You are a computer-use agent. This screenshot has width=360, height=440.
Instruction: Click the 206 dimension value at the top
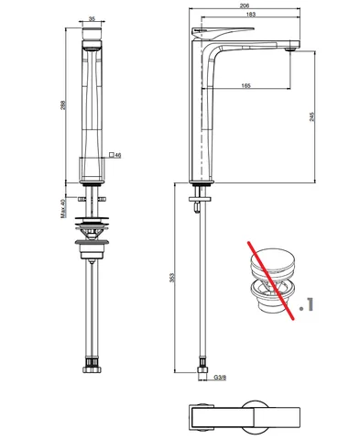click(x=245, y=5)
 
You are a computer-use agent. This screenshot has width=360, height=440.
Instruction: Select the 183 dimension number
click(x=250, y=14)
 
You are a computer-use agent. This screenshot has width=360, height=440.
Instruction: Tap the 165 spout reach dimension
click(x=245, y=86)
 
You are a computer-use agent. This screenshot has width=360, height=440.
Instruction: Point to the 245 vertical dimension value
click(x=311, y=116)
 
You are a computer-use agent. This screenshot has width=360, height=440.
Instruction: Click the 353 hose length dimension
click(x=172, y=278)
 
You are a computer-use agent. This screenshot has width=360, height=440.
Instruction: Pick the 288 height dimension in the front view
click(x=63, y=105)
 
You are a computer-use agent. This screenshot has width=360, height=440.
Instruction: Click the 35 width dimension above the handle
click(x=92, y=19)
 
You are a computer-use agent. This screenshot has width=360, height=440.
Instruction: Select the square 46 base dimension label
click(x=115, y=155)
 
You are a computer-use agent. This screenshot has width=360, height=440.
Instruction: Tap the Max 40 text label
click(x=63, y=208)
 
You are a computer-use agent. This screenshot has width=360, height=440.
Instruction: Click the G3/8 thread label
click(x=220, y=378)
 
